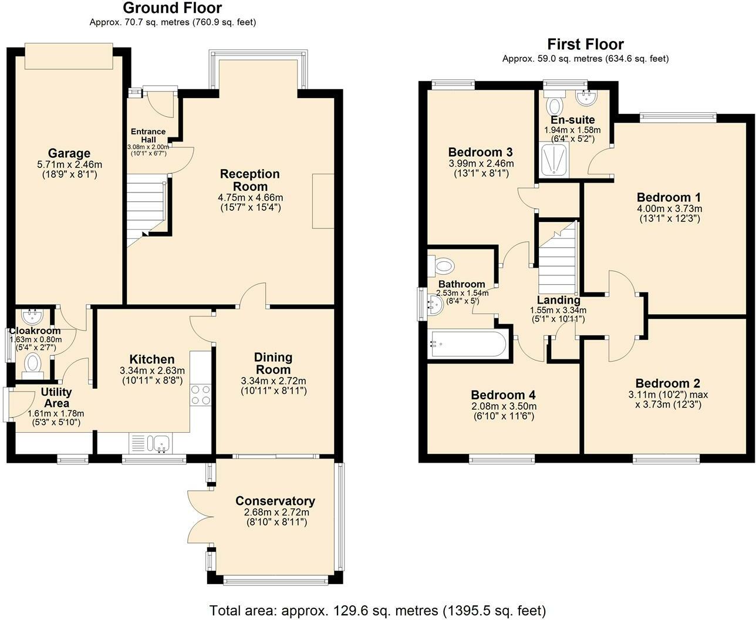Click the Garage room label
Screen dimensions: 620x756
(69, 154)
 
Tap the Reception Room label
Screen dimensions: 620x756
(250, 180)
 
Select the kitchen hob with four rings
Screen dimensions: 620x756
(201, 395)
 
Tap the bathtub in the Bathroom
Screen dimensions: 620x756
(468, 344)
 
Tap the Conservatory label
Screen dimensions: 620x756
(275, 501)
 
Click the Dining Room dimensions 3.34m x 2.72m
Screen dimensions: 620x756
(274, 381)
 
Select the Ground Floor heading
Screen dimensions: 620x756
(173, 8)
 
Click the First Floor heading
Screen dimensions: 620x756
(585, 44)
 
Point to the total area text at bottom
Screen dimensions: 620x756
(377, 610)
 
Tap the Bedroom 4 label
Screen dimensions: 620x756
(503, 395)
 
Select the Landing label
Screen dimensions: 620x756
(558, 300)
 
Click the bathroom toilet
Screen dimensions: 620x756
(443, 266)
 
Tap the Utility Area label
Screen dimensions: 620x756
(57, 397)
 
